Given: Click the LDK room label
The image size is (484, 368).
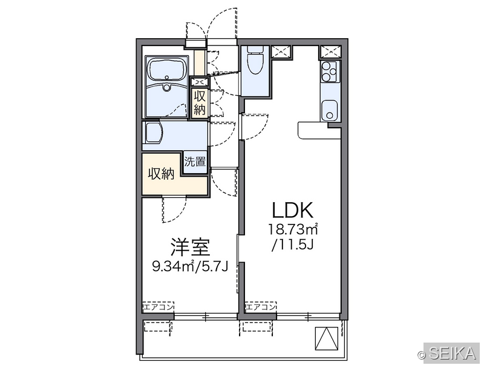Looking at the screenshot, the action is click(x=293, y=210).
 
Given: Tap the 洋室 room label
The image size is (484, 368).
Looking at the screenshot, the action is click(x=190, y=248).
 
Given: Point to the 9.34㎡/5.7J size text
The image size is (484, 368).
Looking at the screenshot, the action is click(x=190, y=266).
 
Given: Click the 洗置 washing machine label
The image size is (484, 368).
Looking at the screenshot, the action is click(x=195, y=162).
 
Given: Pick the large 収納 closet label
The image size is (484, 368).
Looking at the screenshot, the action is click(x=161, y=174).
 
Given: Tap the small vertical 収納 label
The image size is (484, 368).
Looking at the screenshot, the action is click(x=200, y=103).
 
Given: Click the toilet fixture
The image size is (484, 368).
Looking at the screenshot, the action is click(x=255, y=59).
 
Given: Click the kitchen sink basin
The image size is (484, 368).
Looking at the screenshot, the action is click(x=329, y=111).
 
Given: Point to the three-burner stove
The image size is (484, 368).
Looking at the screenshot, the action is click(x=330, y=71).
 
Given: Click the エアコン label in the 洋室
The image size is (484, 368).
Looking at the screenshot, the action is click(x=159, y=307).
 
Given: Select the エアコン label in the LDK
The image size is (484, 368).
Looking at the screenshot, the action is click(x=261, y=307).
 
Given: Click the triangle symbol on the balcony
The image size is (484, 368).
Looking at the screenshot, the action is click(x=326, y=338).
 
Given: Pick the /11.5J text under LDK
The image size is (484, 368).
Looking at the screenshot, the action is click(x=293, y=245).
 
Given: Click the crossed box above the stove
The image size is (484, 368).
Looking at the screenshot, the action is click(x=331, y=51).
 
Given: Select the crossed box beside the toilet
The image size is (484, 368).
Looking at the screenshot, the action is click(x=281, y=51).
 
